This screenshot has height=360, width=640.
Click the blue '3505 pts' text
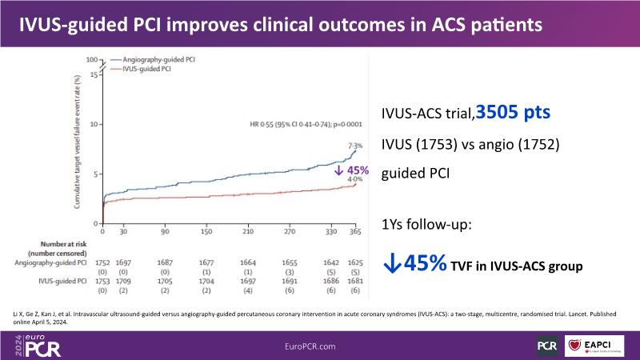pos(513,113)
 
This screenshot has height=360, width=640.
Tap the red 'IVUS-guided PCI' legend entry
pos(145,70)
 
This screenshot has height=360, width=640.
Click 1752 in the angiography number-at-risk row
pos(102,262)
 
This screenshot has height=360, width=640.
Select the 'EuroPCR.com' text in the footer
pos(319,346)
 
